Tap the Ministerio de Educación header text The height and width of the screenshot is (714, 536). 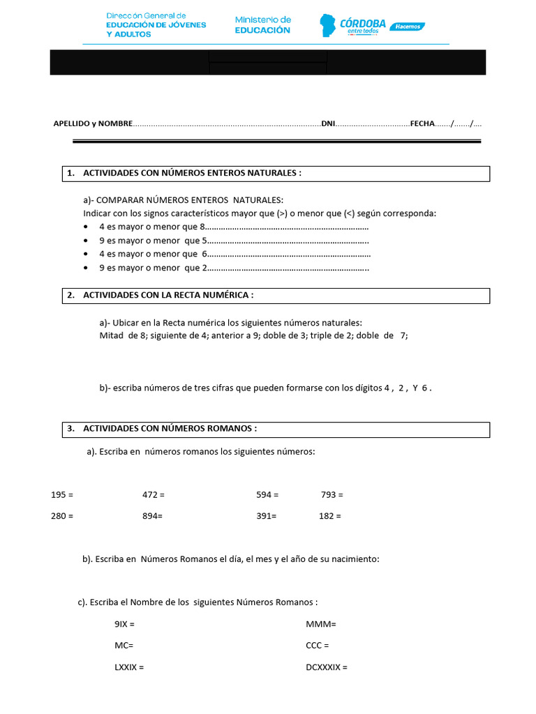coord(262,25)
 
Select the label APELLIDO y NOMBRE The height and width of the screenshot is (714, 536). coord(93,123)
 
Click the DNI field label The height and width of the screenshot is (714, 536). coord(328,123)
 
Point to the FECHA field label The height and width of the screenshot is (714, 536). coord(422,123)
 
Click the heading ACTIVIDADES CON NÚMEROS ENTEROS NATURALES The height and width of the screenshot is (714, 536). coord(192,173)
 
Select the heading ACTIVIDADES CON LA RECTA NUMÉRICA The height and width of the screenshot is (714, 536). coord(167,295)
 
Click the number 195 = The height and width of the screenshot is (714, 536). coord(62,494)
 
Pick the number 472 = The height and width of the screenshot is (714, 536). coord(153,494)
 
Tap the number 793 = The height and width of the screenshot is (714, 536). coord(332,494)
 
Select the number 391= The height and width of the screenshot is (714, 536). coord(266,516)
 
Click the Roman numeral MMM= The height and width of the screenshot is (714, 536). coord(321,624)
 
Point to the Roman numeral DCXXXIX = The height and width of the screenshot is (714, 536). coord(326,667)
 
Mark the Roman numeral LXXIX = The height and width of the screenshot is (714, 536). coord(129,667)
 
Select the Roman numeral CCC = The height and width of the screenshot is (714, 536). coord(317,646)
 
